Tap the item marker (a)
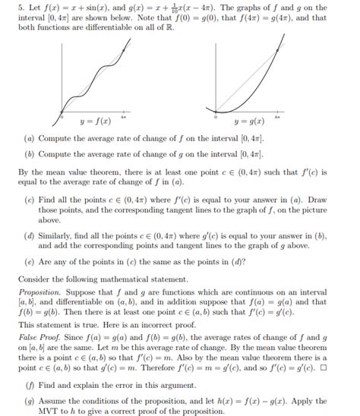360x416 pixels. coord(29,140)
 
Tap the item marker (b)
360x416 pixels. coord(29,154)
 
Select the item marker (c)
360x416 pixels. coord(29,199)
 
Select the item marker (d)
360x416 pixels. coord(29,237)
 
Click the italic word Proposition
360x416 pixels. coord(39,292)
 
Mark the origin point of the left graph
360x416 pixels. coord(62,115)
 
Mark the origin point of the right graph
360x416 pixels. coord(216,115)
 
